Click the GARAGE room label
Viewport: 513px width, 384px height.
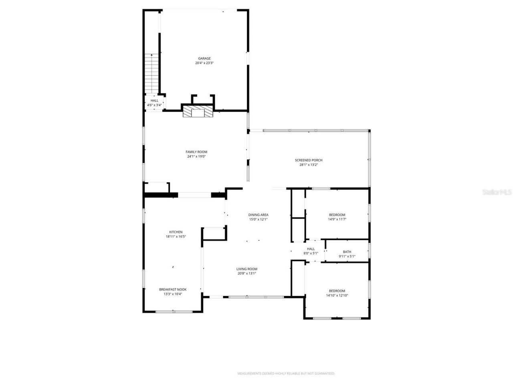[x=204, y=58]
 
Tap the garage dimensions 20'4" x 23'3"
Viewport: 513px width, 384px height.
[x=204, y=63]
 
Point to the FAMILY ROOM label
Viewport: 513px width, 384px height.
[x=196, y=152]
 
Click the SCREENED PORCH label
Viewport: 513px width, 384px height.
[x=309, y=160]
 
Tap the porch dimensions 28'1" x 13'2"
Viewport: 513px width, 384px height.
[x=309, y=165]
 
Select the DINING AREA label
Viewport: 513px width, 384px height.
[x=258, y=215]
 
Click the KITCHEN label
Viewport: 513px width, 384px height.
[x=176, y=232]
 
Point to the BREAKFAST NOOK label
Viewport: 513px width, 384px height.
[x=173, y=289]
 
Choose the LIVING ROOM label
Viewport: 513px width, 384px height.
[x=246, y=269]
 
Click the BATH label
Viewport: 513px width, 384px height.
[x=347, y=252]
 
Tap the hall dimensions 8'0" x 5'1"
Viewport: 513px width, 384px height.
[x=311, y=253]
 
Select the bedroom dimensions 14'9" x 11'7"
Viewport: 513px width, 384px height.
[x=337, y=219]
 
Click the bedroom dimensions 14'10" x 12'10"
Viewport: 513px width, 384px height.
[x=337, y=296]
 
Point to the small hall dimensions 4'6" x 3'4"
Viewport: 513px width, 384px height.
[x=154, y=105]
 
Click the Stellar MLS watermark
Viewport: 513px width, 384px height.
[x=497, y=192]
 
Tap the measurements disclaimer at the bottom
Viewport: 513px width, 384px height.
[x=286, y=374]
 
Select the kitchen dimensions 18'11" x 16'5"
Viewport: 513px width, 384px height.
[x=176, y=237]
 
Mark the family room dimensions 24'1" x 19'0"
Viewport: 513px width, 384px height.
[x=196, y=156]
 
